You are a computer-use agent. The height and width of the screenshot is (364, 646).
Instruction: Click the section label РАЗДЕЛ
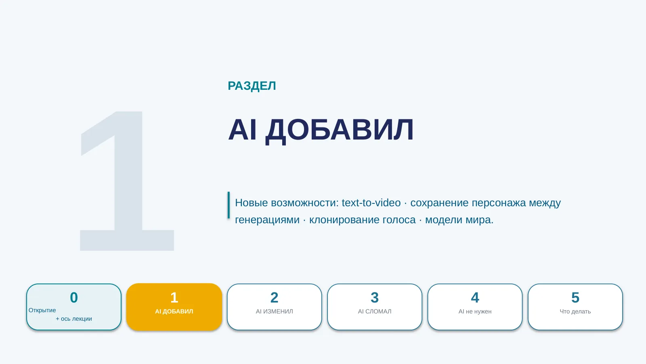coord(252,86)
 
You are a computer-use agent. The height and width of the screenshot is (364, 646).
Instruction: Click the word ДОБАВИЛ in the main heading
coord(340,130)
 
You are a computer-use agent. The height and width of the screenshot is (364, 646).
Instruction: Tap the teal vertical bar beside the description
coord(229,205)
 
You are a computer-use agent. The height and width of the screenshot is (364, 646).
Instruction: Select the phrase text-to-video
coord(371,203)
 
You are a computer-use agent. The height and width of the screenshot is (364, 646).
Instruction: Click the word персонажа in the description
coord(499,203)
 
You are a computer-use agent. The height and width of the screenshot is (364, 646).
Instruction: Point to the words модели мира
coord(459,220)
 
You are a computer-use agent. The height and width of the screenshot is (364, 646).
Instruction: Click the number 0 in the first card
coord(74,298)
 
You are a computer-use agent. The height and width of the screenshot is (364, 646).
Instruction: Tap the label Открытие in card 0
coord(42,310)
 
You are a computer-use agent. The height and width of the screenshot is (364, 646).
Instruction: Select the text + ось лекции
coord(74,319)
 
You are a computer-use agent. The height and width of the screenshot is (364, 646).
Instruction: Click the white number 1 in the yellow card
coord(174,298)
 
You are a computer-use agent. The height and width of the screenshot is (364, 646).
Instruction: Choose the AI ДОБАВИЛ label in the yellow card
coord(174,311)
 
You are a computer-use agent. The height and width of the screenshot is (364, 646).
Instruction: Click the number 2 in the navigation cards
coord(274,298)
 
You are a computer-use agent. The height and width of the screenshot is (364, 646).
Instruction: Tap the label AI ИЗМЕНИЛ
coord(274,311)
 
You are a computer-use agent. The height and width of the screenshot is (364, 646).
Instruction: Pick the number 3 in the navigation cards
coord(375,298)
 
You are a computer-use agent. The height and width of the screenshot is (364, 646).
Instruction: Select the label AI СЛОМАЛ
coord(375,311)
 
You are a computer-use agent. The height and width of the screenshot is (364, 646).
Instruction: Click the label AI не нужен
coord(475,311)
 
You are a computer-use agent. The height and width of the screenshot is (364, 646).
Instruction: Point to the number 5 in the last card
coord(575,298)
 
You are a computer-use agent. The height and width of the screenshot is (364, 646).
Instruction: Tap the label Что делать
coord(575,311)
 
